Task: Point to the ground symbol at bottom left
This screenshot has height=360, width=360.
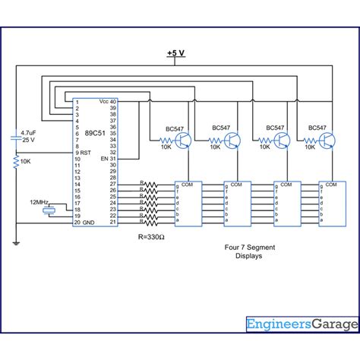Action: point(15,244)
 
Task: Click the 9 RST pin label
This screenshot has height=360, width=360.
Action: point(84,153)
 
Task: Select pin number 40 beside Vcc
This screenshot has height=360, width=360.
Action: point(114,101)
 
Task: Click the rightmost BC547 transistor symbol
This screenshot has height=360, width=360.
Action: point(328,141)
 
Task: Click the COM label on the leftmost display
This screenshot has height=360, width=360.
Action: point(188,184)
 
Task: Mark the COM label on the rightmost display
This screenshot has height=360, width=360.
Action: point(333,184)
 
